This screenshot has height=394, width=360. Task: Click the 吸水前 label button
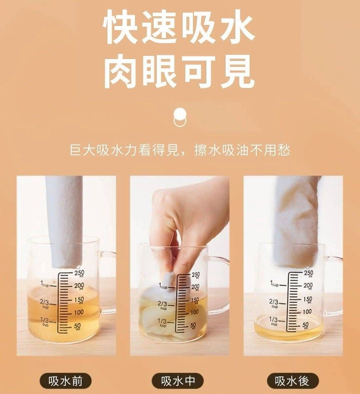66,381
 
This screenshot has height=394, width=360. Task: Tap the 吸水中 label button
178,381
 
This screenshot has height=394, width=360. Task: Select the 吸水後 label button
292,381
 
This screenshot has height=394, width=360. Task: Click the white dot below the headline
180,114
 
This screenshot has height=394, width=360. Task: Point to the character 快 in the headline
120,27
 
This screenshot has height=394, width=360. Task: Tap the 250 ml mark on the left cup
79,273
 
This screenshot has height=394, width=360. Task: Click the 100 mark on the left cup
79,312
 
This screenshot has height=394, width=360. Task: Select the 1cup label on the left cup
45,284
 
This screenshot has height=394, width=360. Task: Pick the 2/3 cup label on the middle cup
162,305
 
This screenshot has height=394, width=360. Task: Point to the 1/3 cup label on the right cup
274,321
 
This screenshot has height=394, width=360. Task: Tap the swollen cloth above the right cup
296,221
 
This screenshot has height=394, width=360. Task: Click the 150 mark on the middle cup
195,300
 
